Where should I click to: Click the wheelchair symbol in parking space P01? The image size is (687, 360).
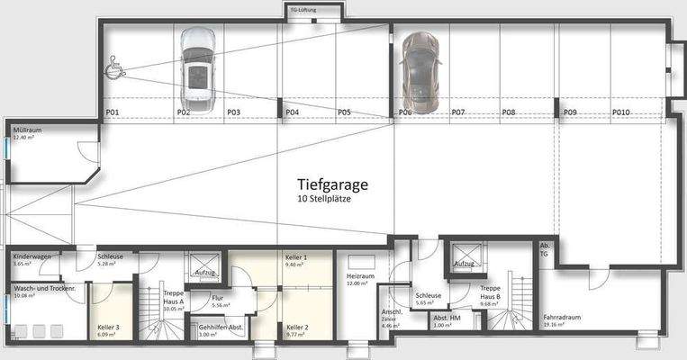tap(117, 66)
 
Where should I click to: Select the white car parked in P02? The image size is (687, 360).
tap(196, 67)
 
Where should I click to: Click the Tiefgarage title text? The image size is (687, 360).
tap(333, 184)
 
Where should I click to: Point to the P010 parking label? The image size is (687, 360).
tap(621, 112)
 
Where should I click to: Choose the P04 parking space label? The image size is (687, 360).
tap(292, 112)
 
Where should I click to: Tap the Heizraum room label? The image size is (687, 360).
tap(359, 277)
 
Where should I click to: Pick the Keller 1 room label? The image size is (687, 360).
tap(295, 258)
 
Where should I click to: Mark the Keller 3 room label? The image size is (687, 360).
tap(108, 327)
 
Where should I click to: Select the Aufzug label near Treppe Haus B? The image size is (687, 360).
tap(464, 264)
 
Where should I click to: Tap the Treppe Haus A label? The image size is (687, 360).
tap(173, 298)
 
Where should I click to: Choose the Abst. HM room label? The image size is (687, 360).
tap(447, 318)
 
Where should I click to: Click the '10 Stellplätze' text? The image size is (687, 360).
tap(324, 199)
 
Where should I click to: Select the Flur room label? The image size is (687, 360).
tap(218, 298)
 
